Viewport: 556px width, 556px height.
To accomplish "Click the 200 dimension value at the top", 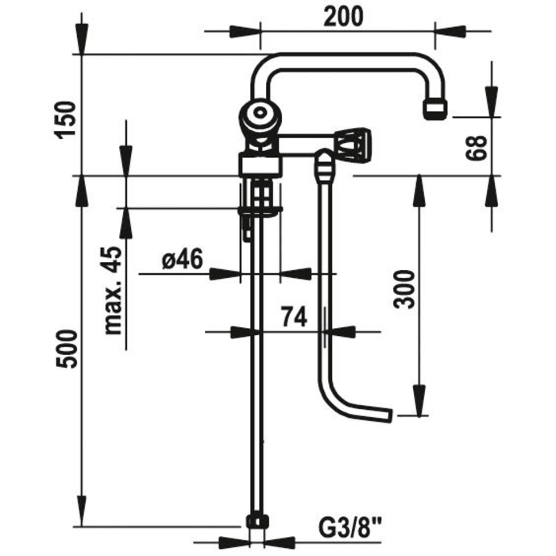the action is pos(343,17).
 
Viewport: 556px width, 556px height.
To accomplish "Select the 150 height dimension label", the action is pos(65,120).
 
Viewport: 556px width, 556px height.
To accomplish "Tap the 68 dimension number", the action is pos(477,148).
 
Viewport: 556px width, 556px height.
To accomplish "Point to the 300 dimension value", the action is pos(403,289).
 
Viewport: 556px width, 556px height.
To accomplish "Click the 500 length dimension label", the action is pos(66,349).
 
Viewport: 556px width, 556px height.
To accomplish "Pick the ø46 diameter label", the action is pos(183,258).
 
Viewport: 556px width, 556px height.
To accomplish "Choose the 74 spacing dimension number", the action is pos(294,317).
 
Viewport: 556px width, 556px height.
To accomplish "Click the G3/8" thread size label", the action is pos(350,528).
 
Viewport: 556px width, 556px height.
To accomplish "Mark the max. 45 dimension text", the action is pos(113,291).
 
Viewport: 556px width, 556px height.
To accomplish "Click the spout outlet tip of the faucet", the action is pos(435,109).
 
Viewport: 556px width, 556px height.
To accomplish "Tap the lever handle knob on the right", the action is pos(353,146).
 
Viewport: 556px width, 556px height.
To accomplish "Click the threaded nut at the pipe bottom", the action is pos(258,523).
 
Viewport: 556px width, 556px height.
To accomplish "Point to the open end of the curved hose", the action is pos(390,415).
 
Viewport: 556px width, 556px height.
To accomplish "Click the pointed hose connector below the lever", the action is pos(323,164).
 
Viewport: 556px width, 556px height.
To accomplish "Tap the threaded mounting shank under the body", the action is pos(261,192).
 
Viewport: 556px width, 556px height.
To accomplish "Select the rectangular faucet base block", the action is pos(261,164).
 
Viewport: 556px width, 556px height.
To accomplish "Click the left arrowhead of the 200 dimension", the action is pos(245,32).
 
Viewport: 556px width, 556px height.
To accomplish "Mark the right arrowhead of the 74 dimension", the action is pos(340,332).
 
